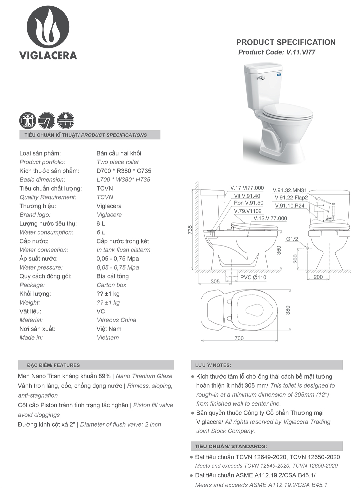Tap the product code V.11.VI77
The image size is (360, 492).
(x=277, y=52)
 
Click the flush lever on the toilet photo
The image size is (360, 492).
(x=261, y=78)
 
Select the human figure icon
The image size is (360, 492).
(x=27, y=120)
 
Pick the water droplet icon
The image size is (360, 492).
(x=66, y=120)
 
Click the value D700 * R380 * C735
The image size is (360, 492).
(x=124, y=171)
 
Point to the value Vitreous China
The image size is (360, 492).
(x=116, y=320)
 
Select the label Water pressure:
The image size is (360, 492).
(x=41, y=267)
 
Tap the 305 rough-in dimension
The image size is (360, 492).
(x=215, y=281)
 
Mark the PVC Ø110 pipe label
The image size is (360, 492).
(x=253, y=277)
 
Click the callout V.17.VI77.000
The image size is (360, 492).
(x=247, y=188)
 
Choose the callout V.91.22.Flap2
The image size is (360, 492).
(x=291, y=197)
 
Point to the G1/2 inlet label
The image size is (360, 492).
(x=292, y=239)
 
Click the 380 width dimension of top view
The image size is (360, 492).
(x=288, y=310)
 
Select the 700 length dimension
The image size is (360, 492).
(x=239, y=338)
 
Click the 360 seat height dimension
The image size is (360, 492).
(x=279, y=250)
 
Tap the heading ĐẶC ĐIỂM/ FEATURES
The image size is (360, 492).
(x=53, y=365)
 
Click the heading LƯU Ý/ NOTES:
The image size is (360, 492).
(x=213, y=365)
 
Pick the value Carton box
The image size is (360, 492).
(x=111, y=285)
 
